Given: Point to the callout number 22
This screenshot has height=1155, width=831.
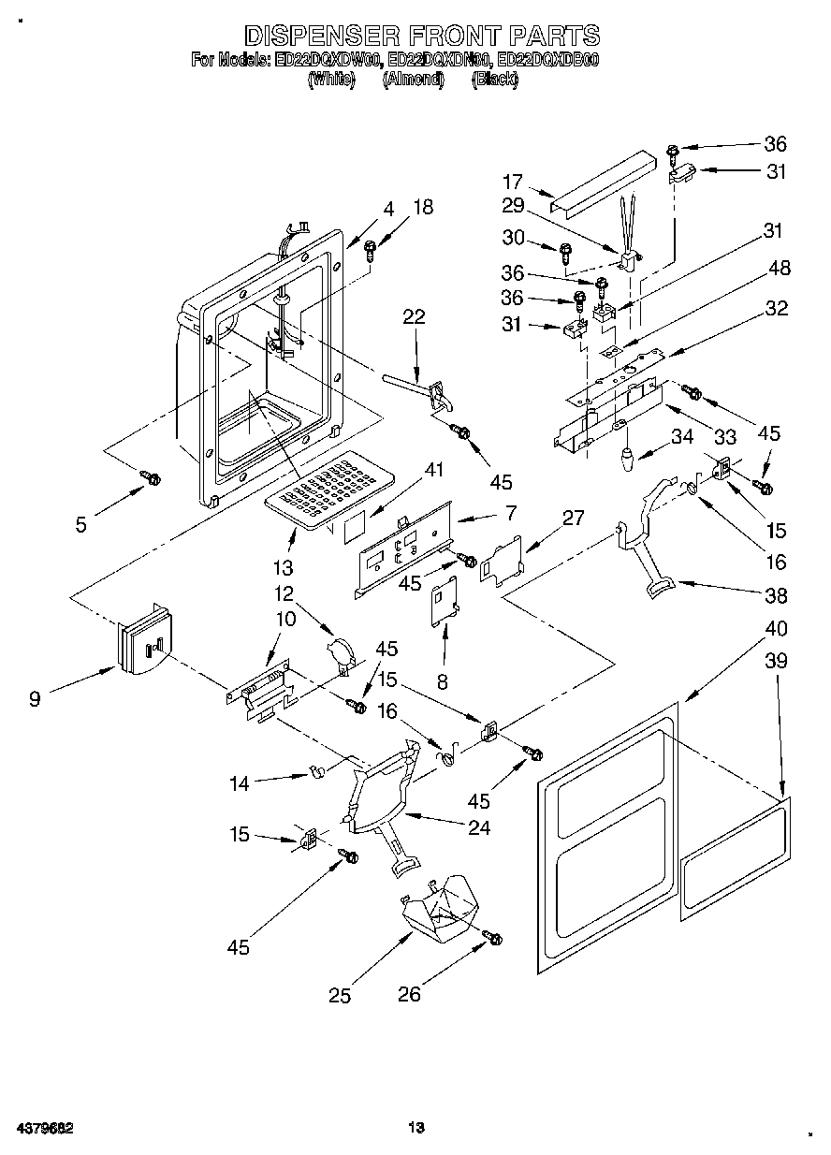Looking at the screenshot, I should pos(414,317).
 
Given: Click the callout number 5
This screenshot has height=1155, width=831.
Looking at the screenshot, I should pos(81,525).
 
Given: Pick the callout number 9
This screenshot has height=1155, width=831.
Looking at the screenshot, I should pos(35,698).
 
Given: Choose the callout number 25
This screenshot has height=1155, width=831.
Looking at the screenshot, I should pos(340,997).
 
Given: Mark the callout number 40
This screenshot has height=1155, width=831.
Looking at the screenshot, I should pos(776,628).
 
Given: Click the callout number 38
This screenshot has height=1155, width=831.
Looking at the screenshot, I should pos(776,595).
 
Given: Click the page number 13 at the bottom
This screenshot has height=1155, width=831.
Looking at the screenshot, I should pos(416,1128).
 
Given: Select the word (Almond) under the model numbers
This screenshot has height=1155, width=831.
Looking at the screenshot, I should pos(413,80).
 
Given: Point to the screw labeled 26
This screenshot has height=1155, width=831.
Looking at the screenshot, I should pos(492,937).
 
